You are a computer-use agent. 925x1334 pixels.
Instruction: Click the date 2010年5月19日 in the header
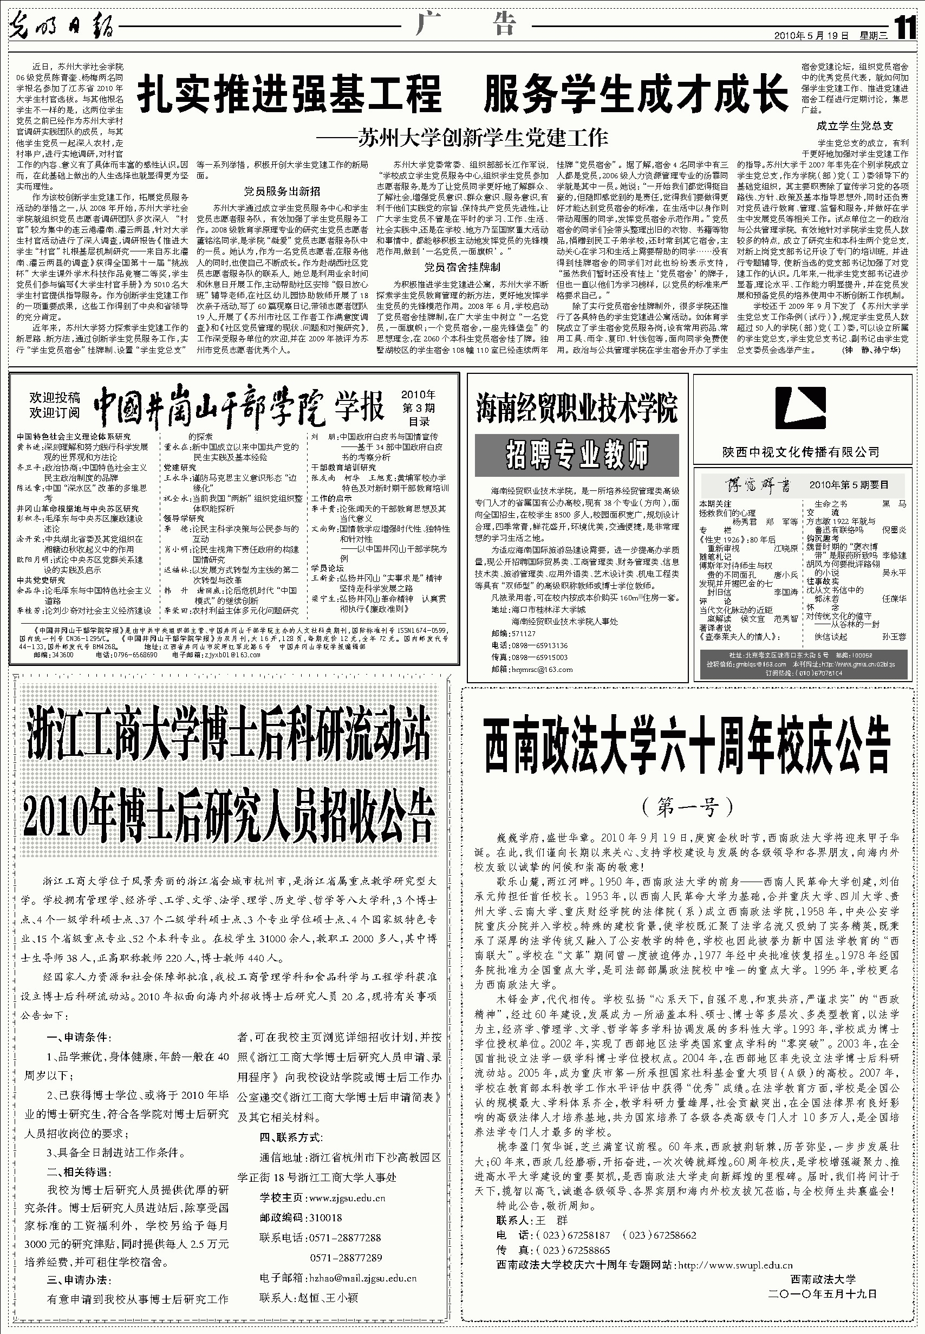coord(811,35)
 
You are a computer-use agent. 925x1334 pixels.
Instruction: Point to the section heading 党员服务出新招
coord(282,191)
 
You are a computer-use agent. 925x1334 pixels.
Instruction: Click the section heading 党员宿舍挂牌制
coord(462,267)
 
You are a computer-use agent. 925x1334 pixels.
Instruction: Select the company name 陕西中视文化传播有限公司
coord(800,452)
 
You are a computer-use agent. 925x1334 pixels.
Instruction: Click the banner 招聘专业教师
coord(577,454)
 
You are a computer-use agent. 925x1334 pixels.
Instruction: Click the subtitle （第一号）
coord(687,806)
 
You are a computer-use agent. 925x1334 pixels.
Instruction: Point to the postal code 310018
coord(325,1218)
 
